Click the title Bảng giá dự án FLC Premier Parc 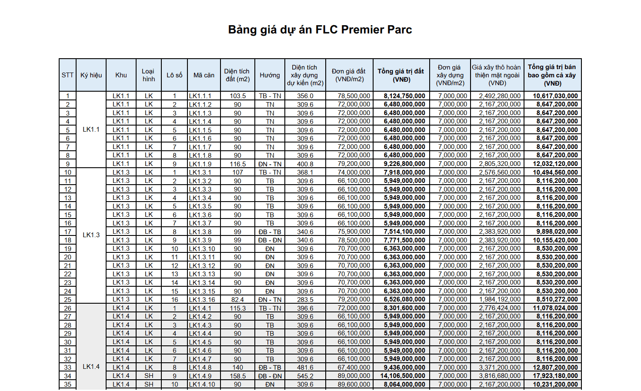point(320,30)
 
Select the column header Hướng point(270,75)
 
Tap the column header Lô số point(174,75)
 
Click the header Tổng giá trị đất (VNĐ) point(401,75)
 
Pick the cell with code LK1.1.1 point(200,96)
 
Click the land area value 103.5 point(237,96)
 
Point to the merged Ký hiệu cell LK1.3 point(91,235)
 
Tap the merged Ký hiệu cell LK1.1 point(91,129)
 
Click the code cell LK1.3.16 point(202,300)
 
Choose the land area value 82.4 point(237,300)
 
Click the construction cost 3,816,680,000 point(500,376)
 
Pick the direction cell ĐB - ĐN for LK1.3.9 point(270,240)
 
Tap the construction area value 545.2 point(305,376)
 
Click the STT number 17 point(68,232)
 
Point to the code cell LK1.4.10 point(202,384)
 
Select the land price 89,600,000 point(354,384)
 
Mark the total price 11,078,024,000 point(555,308)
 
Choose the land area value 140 point(237,368)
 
